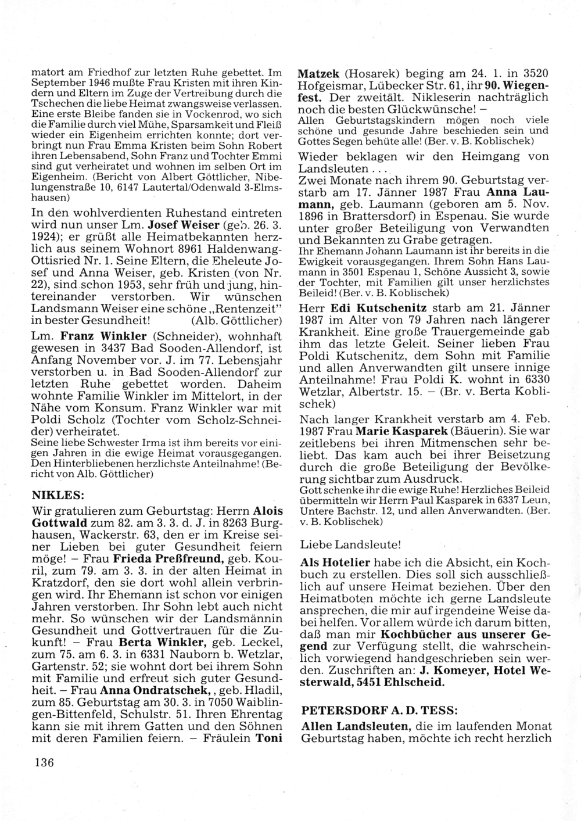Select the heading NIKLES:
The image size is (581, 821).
click(56, 495)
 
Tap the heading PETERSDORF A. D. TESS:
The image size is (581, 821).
click(370, 710)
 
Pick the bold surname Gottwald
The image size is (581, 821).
click(56, 522)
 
